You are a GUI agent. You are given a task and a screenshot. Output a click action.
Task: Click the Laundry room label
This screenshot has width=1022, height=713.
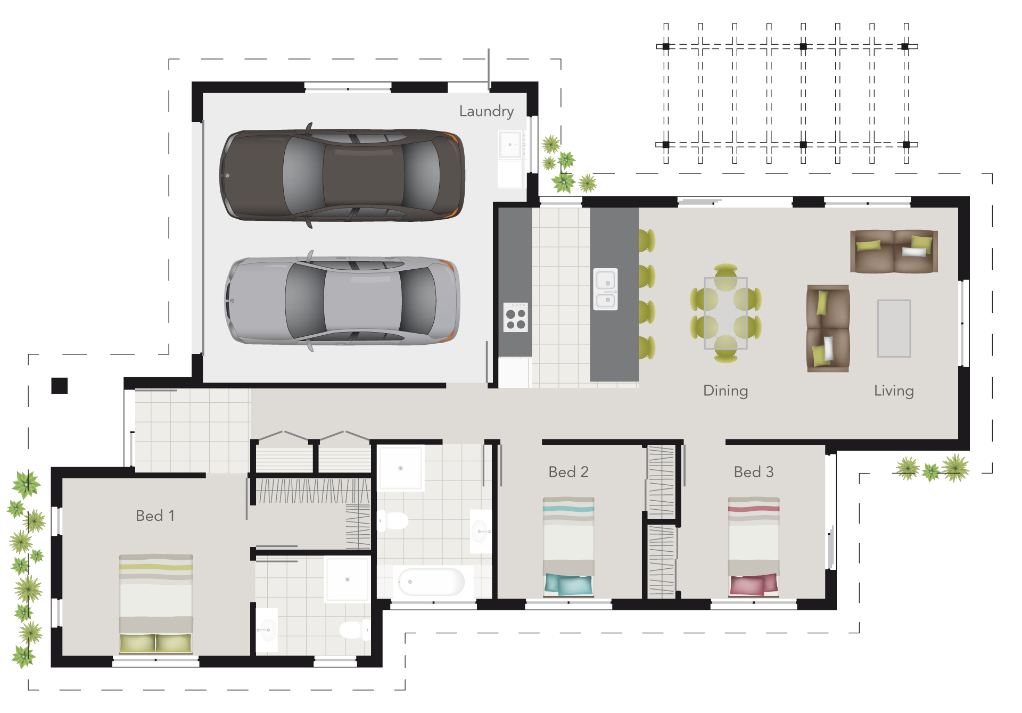[486, 111]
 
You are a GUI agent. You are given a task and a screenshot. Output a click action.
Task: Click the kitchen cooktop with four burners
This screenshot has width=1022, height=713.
[515, 317]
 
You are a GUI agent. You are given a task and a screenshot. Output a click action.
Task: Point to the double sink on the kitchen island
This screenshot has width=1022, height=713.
[605, 289]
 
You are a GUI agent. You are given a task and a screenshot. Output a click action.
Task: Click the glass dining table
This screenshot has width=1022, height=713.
[726, 313]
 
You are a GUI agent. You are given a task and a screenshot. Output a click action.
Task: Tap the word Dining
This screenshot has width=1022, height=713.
[725, 391]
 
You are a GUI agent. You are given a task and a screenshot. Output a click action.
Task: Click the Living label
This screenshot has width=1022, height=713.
[893, 391]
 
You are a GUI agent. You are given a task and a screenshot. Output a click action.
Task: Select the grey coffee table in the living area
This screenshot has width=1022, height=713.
[894, 328]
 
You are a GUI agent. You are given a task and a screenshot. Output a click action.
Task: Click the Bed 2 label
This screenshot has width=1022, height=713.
[568, 472]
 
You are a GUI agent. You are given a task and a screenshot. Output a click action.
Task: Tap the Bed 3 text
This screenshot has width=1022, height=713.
[753, 472]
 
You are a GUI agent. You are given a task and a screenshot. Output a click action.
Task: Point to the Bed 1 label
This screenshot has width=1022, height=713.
[155, 516]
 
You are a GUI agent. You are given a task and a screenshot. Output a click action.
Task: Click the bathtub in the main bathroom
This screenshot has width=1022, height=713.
[431, 582]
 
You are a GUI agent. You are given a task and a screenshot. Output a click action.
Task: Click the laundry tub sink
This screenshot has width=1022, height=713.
[510, 145]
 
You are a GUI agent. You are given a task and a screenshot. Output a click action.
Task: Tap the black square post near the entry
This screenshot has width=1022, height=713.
[60, 386]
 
